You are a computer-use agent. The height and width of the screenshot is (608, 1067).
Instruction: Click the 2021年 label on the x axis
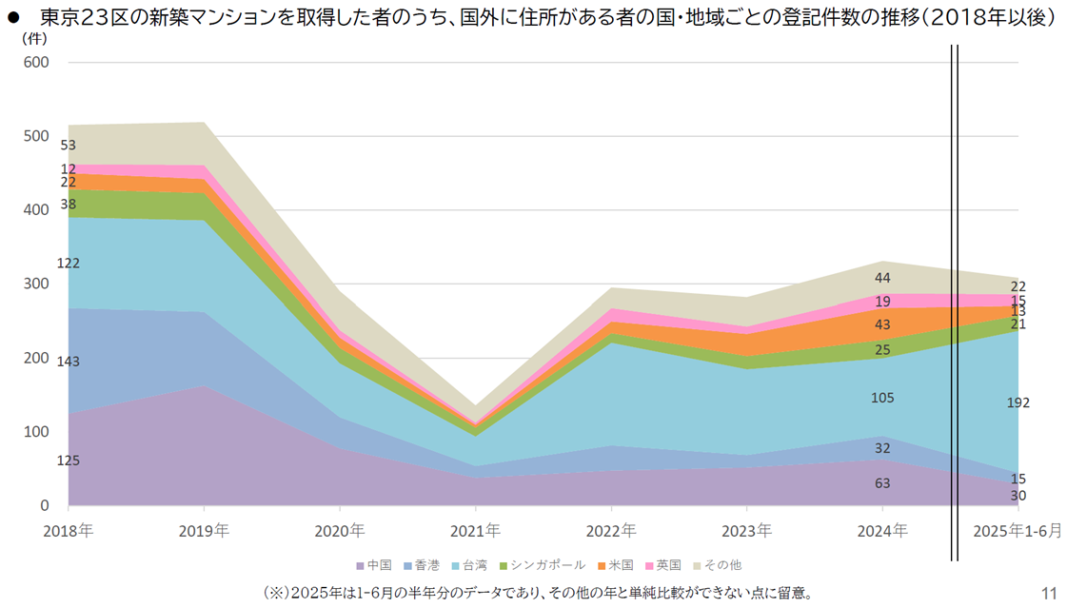(x=475, y=530)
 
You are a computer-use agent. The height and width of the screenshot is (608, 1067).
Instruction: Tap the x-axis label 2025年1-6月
(x=1018, y=530)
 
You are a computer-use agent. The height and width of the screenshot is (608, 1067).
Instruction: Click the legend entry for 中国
(x=373, y=565)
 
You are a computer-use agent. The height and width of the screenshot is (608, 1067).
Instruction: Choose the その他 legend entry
(x=720, y=565)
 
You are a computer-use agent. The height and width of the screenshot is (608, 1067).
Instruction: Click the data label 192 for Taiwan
(x=1018, y=403)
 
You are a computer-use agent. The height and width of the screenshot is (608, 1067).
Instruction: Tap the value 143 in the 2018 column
(x=68, y=362)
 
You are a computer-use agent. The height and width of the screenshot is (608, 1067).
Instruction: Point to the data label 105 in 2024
(x=882, y=398)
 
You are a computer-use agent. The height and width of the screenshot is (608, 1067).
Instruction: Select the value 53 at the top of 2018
(x=68, y=146)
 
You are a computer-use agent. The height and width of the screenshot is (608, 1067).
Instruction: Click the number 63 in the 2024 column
(x=882, y=483)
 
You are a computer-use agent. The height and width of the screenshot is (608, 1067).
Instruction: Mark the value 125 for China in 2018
(x=68, y=461)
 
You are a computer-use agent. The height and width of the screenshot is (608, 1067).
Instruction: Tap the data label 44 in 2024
(x=882, y=278)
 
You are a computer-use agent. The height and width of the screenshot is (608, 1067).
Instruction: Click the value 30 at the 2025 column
(x=1018, y=496)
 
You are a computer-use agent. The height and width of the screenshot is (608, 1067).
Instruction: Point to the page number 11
(x=1050, y=593)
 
